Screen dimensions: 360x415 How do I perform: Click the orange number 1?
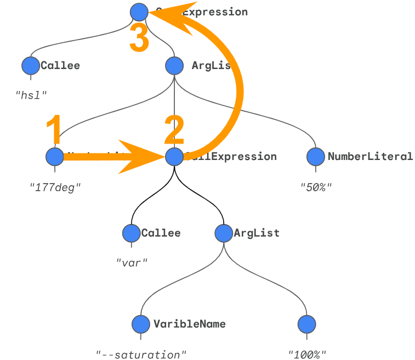point(53,131)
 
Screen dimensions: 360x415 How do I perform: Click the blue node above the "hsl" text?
point(31,66)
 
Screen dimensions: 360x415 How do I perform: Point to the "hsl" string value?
point(31,94)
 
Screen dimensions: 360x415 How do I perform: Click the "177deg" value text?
point(55,187)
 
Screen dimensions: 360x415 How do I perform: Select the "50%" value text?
point(316,187)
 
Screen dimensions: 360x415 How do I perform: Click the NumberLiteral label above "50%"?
point(370,157)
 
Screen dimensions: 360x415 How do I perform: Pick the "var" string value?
point(132,261)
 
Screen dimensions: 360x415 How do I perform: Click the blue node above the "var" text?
point(132,233)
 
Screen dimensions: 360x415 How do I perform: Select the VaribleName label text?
point(189,324)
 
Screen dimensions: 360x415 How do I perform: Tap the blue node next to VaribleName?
point(141,324)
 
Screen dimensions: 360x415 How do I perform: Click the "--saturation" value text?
point(141,355)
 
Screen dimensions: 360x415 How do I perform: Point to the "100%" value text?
point(307,355)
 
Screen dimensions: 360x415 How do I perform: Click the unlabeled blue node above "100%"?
point(307,324)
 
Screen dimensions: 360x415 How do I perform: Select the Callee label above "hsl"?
point(60,66)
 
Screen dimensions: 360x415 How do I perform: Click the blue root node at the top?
point(139,12)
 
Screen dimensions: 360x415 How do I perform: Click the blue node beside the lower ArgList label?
point(224,233)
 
